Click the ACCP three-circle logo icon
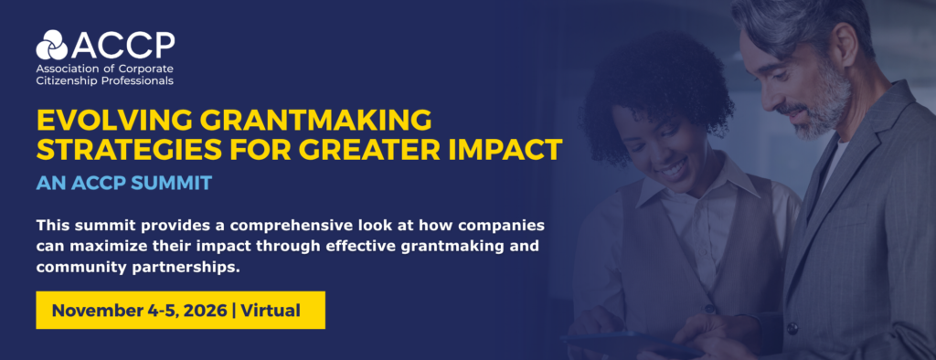(x=52, y=45)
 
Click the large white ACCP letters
(x=122, y=46)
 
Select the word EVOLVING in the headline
(x=114, y=121)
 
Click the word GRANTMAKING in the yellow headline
(x=315, y=121)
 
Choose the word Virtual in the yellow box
(x=271, y=311)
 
